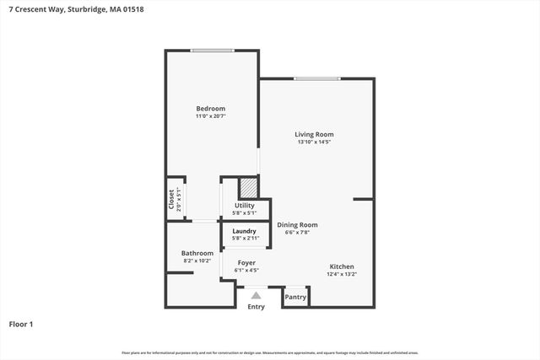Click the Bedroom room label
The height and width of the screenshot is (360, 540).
pos(211,109)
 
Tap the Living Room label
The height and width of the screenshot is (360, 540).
pos(314,134)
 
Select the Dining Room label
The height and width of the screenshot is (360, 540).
pos(297,225)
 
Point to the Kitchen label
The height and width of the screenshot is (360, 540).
pos(342,266)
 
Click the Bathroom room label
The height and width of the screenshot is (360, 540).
pos(197,253)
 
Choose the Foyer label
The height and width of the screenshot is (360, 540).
pos(246,263)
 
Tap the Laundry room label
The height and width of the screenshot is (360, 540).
pos(244,231)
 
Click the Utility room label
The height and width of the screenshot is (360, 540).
pos(245,206)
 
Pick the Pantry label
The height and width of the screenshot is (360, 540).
pos(295,297)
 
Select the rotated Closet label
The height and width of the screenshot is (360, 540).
pos(171,199)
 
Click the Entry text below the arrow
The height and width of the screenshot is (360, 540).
pos(256,307)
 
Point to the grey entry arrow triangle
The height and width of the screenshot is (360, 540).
pos(256,295)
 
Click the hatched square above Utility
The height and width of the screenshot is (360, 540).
pos(248,187)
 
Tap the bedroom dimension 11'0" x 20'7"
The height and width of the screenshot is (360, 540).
pos(211,116)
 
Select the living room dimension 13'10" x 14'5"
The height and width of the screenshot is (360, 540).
pos(314,142)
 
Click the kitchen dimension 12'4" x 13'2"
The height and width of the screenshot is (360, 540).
pos(342,274)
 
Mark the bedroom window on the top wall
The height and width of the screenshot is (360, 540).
pos(212,51)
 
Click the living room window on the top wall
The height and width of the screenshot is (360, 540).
pos(317,78)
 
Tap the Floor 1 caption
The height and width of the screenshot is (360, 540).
pos(21,324)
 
